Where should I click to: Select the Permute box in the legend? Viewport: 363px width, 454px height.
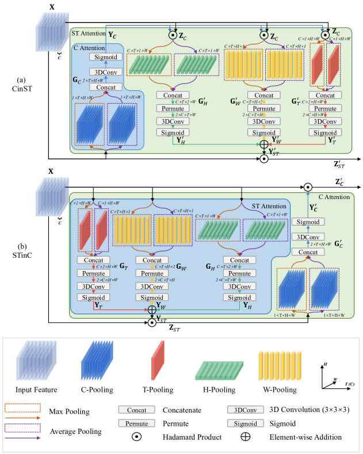pos(136,423)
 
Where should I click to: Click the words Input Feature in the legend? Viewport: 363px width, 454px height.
pos(36,390)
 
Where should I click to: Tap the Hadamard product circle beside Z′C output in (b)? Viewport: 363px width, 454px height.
pos(308,187)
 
